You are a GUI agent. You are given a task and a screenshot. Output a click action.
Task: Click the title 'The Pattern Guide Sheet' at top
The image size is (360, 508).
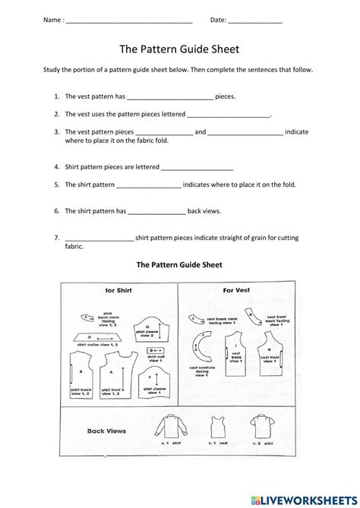coord(179,49)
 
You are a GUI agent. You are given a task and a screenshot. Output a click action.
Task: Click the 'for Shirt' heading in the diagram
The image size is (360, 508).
coord(118,289)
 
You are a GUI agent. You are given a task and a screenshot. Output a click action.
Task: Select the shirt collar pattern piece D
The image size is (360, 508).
coord(92,336)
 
